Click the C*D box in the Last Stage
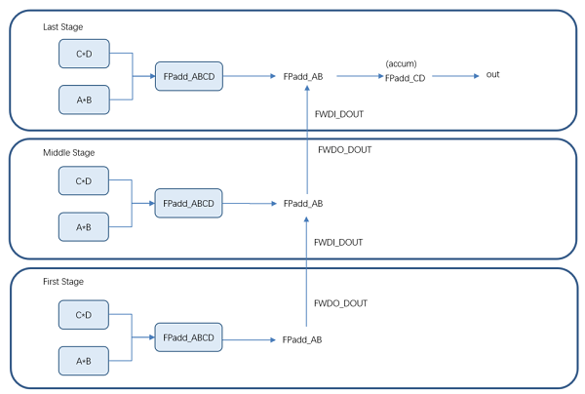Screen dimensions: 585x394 pyautogui.click(x=84, y=54)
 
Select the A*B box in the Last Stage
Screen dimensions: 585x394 pyautogui.click(x=84, y=99)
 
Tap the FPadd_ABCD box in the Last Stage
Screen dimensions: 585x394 pyautogui.click(x=189, y=76)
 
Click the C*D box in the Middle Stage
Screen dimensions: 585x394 pyautogui.click(x=84, y=180)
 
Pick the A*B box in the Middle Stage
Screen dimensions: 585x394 pyautogui.click(x=84, y=227)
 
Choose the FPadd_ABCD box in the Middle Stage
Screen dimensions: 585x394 pyautogui.click(x=189, y=204)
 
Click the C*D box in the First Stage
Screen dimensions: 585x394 pyautogui.click(x=84, y=315)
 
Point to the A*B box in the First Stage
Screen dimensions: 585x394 pyautogui.click(x=84, y=361)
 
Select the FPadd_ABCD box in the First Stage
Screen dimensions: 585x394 pyautogui.click(x=189, y=337)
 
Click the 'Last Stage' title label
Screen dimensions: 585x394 pyautogui.click(x=63, y=27)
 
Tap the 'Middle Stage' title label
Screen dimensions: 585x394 pyautogui.click(x=69, y=152)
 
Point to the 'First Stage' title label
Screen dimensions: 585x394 pyautogui.click(x=63, y=281)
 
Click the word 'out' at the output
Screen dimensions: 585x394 pyautogui.click(x=492, y=75)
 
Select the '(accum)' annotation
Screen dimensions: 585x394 pyautogui.click(x=402, y=63)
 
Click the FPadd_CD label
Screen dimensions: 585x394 pyautogui.click(x=406, y=78)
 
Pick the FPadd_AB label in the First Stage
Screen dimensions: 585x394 pyautogui.click(x=302, y=339)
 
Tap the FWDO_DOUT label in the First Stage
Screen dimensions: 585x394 pyautogui.click(x=340, y=303)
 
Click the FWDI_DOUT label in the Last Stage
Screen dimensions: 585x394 pyautogui.click(x=339, y=114)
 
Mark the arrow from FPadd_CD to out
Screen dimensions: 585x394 pyautogui.click(x=455, y=76)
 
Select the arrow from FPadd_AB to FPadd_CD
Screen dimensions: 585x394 pyautogui.click(x=360, y=76)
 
